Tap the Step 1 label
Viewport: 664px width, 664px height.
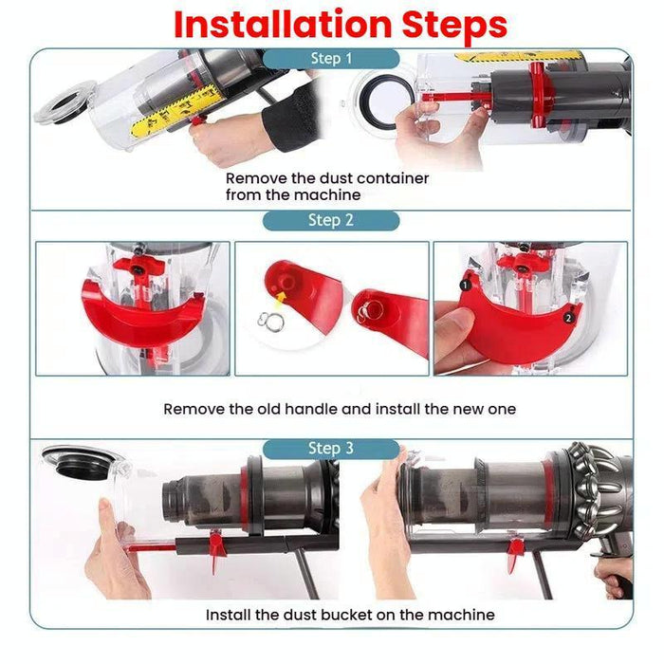click(x=331, y=59)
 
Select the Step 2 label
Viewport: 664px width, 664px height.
click(x=331, y=220)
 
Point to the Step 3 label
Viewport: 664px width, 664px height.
click(x=331, y=448)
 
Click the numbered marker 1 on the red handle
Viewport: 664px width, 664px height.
click(x=466, y=284)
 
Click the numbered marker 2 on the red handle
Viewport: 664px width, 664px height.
click(x=566, y=318)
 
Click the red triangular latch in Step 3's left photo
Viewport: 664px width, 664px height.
click(x=216, y=544)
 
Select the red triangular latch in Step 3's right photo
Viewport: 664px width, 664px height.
click(x=515, y=551)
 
